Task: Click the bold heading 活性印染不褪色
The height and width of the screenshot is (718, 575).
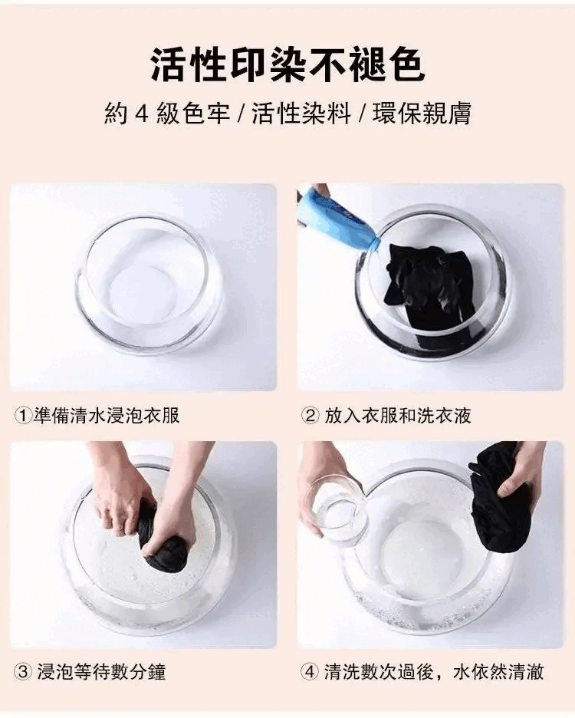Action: (x=287, y=64)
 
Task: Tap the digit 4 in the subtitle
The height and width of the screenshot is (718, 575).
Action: (x=142, y=113)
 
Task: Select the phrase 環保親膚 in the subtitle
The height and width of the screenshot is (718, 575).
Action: (x=422, y=113)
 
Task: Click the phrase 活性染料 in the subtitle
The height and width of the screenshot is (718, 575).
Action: (x=301, y=113)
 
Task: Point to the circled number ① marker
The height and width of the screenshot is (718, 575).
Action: (x=23, y=415)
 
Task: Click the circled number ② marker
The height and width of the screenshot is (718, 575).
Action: (x=310, y=415)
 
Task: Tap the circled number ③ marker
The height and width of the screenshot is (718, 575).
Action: (x=23, y=672)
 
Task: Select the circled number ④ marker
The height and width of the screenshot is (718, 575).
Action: (x=310, y=672)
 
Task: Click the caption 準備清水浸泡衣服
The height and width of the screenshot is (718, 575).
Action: (x=107, y=415)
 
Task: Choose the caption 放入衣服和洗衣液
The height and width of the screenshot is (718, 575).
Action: (x=398, y=415)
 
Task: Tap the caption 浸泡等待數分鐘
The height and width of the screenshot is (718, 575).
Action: (x=101, y=672)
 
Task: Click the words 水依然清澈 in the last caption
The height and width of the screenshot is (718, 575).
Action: (x=498, y=672)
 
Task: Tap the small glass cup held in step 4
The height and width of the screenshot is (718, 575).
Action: (x=339, y=509)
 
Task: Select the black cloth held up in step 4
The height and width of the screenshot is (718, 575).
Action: (x=497, y=499)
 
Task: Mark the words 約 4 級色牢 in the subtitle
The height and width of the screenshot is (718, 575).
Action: (x=166, y=113)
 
